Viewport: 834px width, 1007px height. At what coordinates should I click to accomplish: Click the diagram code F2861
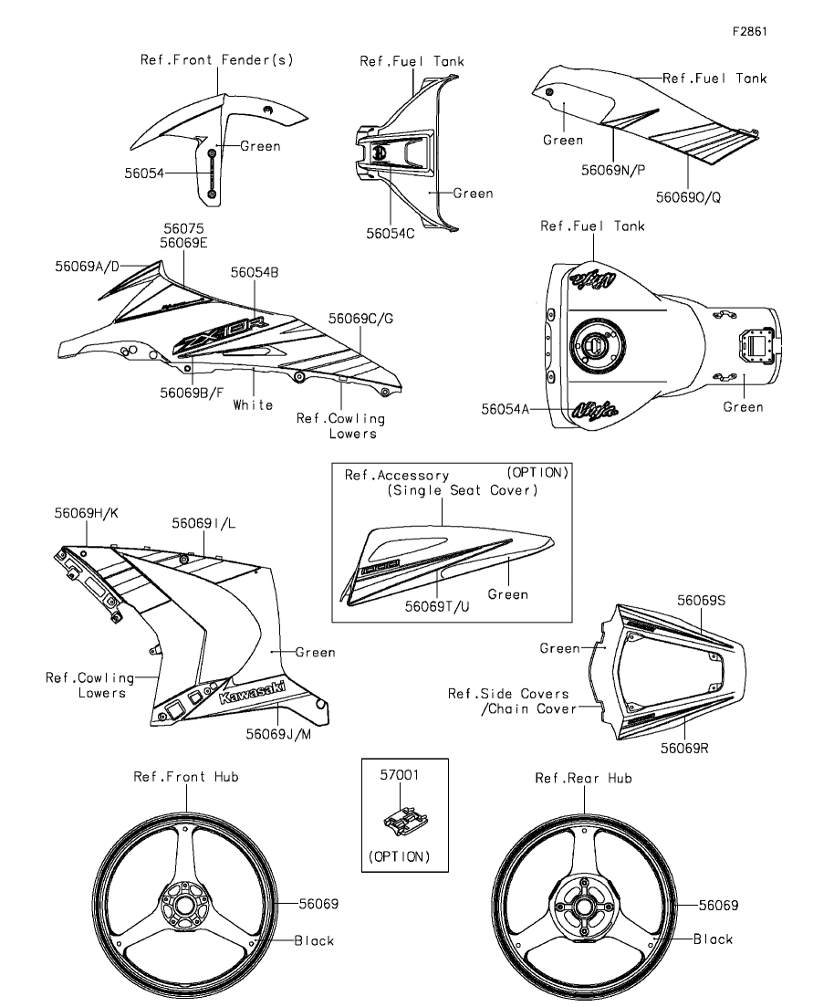(x=749, y=30)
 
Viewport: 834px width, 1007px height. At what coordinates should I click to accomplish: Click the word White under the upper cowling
(x=253, y=404)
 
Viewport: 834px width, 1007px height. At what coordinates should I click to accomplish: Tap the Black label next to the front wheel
(x=314, y=940)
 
